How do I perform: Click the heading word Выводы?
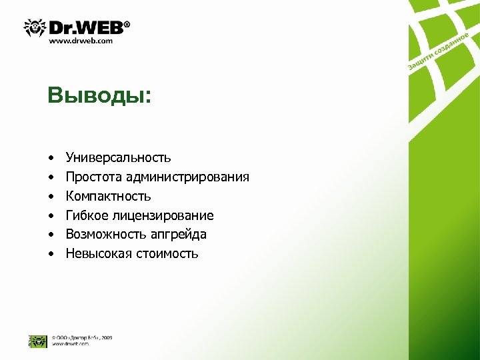coord(99,95)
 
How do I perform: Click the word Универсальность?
coord(118,158)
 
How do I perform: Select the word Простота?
coord(93,177)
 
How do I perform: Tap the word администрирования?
coord(187,177)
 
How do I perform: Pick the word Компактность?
coord(108,197)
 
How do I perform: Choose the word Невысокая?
coord(99,254)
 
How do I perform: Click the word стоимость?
coord(167,254)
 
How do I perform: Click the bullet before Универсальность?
coord(50,159)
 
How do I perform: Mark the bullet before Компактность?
coord(50,197)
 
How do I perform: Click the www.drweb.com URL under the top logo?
coord(81,41)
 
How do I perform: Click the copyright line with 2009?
coord(82,337)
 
